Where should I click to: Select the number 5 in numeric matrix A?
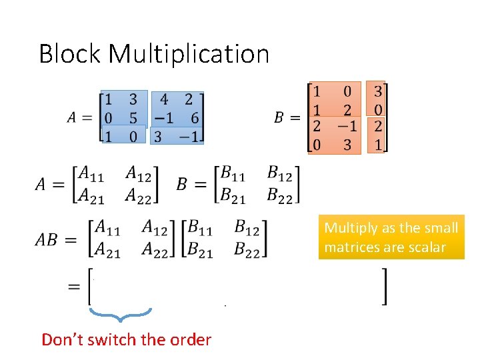pos(133,119)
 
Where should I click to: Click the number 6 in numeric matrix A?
pos(193,119)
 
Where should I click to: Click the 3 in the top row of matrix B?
pos(378,91)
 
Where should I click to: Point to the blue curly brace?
pos(120,313)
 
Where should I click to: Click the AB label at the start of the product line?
pos(47,239)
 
